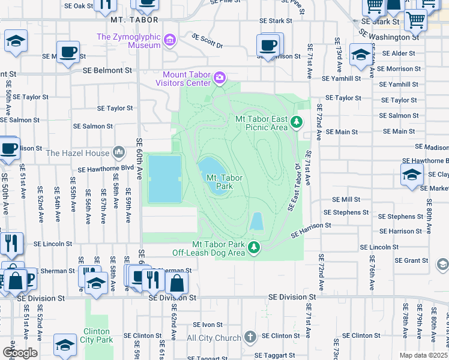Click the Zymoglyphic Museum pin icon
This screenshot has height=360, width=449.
point(170,41)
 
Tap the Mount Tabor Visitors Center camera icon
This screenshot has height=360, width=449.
point(220,77)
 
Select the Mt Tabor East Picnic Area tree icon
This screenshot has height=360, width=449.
point(296,122)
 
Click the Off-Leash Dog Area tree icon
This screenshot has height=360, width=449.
point(254,247)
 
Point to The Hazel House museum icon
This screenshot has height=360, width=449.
point(119,152)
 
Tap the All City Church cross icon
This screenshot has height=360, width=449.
point(250,338)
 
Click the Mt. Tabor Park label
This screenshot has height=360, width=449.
point(220,182)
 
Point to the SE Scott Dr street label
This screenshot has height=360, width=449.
point(207,41)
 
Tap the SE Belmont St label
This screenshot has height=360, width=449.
point(107,70)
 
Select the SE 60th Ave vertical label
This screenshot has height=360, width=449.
point(139,155)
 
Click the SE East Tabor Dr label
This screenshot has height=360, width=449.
point(294,186)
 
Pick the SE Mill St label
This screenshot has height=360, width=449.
point(346,199)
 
